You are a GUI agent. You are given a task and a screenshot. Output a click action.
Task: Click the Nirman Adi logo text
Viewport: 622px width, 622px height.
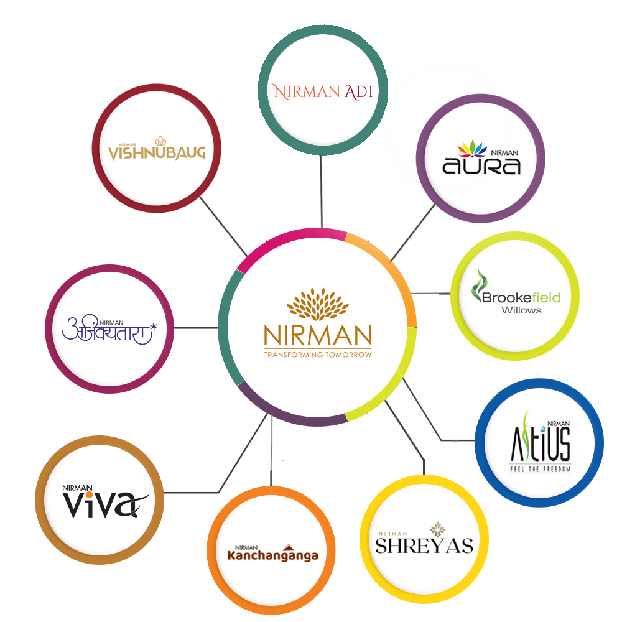(x=323, y=92)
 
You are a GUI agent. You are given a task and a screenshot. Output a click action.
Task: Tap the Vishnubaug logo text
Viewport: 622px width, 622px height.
(x=157, y=151)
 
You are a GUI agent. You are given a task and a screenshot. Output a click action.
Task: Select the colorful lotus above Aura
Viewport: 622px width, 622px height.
(x=473, y=150)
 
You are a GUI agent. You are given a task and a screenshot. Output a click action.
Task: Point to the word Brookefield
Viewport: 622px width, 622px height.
(x=521, y=297)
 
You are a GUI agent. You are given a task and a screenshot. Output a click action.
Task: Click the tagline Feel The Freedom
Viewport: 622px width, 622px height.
(x=539, y=468)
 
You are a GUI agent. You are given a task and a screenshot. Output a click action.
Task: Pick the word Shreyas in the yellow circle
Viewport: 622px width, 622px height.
(x=424, y=545)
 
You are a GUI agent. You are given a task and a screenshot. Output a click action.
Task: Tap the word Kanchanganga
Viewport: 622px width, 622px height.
(x=273, y=555)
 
